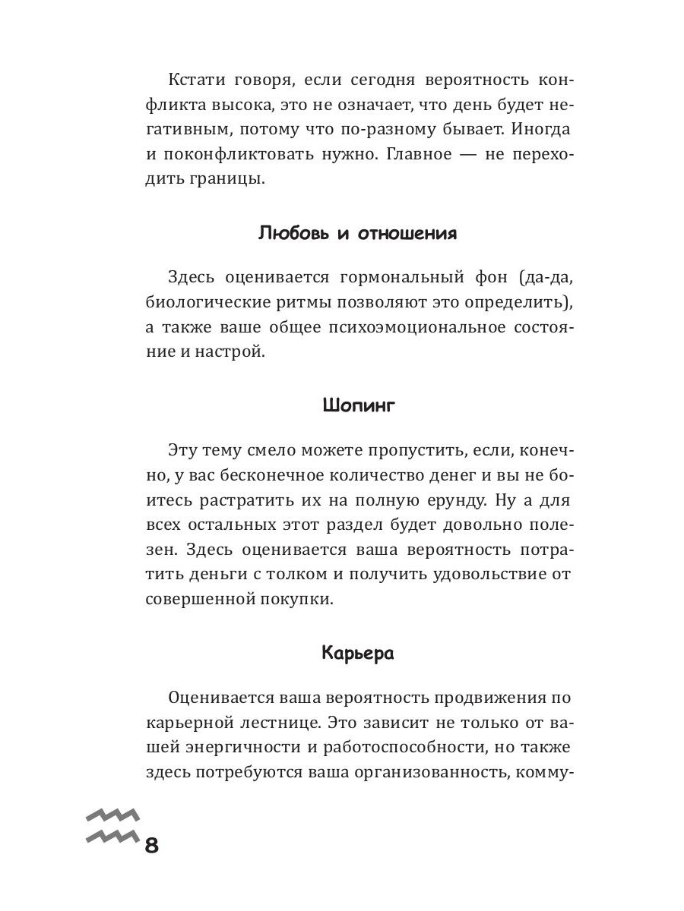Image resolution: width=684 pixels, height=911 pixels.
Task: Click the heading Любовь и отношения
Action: click(x=358, y=233)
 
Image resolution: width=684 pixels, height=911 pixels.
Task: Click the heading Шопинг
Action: click(x=359, y=405)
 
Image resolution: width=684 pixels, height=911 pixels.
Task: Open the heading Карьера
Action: click(x=358, y=653)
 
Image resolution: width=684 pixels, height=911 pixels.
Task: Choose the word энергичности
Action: click(x=248, y=747)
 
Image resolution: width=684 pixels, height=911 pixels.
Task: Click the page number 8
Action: click(x=150, y=844)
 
